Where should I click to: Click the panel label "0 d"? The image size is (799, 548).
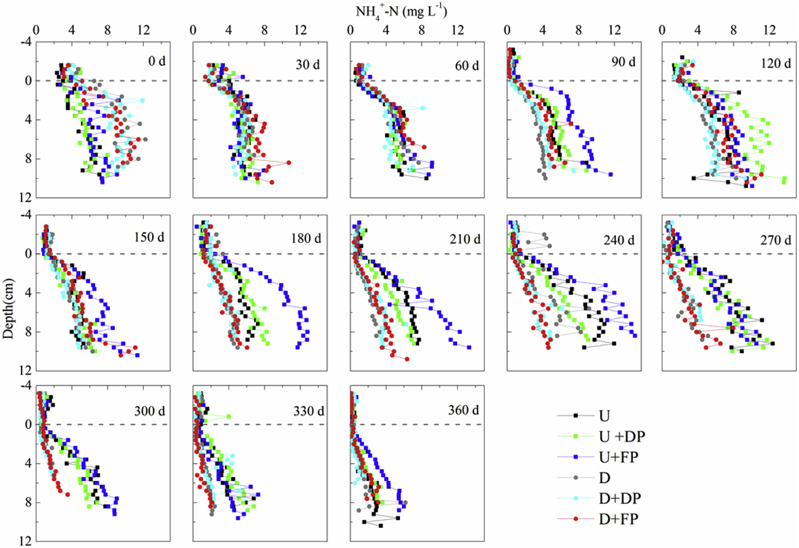pos(157,61)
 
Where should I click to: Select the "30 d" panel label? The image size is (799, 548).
pos(308,65)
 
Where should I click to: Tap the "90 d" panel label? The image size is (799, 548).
pos(623,62)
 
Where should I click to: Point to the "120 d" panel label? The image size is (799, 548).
pos(775,63)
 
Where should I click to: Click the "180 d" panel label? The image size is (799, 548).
pos(306,239)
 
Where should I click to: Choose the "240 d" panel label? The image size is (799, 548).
pos(619,240)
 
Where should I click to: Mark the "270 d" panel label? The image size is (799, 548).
pos(775,240)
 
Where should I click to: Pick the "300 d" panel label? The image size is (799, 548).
pos(150,411)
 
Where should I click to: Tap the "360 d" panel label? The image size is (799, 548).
pos(464,410)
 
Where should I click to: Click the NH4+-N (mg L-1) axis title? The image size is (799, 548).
pos(401,11)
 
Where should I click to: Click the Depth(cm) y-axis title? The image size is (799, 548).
pos(8,308)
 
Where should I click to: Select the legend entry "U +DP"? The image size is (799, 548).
pos(622,436)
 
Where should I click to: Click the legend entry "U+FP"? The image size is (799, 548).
pos(618,457)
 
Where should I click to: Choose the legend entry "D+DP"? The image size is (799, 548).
pos(620,498)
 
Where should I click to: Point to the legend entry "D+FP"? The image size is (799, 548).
pos(618,519)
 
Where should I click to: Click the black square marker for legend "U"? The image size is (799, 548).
pos(576,416)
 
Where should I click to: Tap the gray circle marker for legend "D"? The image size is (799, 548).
pos(576,478)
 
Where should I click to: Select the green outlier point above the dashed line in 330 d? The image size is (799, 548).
pos(229,416)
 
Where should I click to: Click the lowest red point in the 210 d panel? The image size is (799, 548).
pos(407,359)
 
